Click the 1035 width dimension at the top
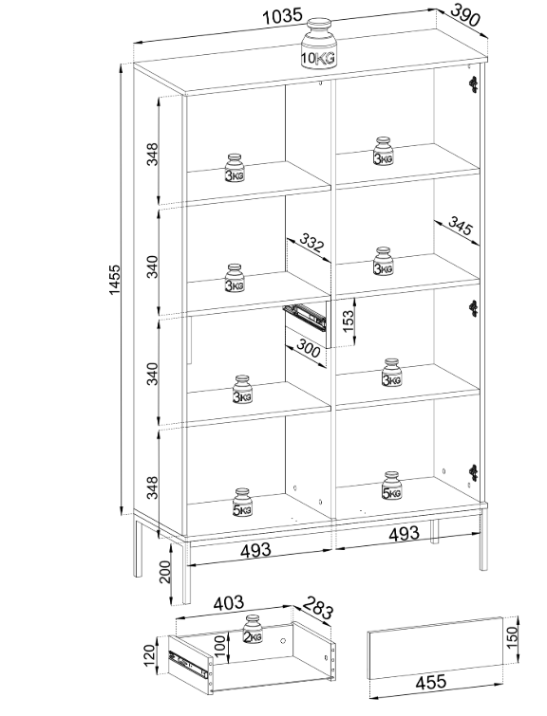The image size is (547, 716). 283,17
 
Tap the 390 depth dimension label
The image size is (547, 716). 466,15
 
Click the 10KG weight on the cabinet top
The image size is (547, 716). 318,44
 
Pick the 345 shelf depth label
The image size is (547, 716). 460,225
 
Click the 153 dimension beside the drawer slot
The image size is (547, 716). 349,321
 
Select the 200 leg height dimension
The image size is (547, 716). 165,571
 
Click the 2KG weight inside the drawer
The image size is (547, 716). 253,629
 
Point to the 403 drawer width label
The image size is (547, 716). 228,603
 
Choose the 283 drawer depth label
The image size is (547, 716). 318,608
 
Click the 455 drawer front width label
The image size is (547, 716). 431,682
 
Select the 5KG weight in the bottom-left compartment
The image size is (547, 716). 242,503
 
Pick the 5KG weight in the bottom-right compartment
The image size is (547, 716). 391,486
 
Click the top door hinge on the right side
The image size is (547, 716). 473,84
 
